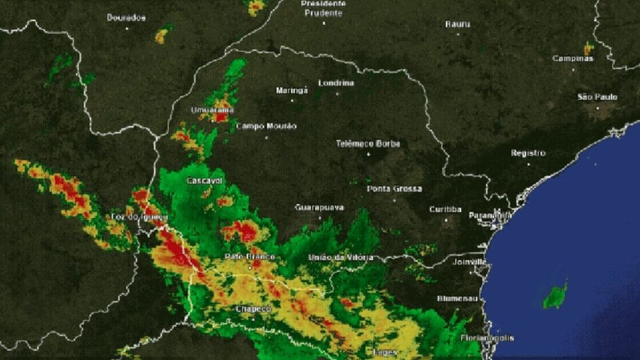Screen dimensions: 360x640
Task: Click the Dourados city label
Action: click(126, 18)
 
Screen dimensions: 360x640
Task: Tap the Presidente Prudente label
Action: click(323, 8)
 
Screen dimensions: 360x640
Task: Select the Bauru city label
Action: click(458, 24)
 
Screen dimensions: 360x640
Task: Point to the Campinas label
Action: click(573, 58)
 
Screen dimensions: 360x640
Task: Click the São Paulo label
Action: click(597, 97)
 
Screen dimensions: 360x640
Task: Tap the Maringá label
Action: click(292, 90)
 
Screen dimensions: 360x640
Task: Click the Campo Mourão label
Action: click(266, 126)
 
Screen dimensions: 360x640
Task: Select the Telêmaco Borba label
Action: click(368, 144)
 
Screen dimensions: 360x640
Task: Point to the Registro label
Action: click(528, 153)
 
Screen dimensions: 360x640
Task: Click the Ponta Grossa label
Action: click(395, 188)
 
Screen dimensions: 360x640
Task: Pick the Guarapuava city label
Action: click(319, 207)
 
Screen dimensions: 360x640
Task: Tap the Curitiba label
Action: click(445, 209)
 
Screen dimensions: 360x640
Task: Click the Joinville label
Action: click(471, 261)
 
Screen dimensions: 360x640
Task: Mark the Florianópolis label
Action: click(487, 338)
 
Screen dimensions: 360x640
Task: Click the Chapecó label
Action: click(254, 309)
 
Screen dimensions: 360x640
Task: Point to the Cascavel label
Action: click(205, 180)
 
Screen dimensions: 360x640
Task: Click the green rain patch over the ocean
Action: click(555, 296)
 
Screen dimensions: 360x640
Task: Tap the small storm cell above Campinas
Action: click(588, 48)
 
